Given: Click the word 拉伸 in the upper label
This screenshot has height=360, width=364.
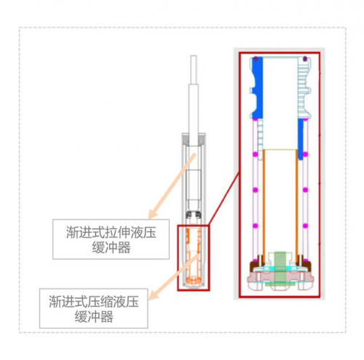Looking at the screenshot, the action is [118, 233].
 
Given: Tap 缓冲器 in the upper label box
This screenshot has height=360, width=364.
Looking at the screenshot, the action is [111, 247].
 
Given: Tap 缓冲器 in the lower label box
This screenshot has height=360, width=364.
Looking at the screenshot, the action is [94, 316].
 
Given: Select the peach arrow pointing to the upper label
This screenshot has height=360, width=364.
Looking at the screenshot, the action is [172, 186].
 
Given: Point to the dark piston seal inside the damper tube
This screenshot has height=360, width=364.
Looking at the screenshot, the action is [194, 215].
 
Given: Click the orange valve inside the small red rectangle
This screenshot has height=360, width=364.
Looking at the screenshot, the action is [194, 257].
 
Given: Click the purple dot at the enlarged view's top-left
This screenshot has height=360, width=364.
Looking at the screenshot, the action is [256, 59].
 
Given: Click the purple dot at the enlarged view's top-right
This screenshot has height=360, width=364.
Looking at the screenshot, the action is [305, 59].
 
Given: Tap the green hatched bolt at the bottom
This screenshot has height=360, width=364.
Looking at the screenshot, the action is [280, 269].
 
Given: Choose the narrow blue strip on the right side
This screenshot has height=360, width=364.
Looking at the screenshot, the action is [301, 139].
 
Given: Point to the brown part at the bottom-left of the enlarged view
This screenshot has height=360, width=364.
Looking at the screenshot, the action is [256, 265].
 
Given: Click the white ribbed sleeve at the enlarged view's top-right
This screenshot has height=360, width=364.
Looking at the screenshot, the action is [304, 88].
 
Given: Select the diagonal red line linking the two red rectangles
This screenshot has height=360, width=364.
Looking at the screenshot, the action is [223, 199].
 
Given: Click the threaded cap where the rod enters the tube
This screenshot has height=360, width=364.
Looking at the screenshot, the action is [194, 140].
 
